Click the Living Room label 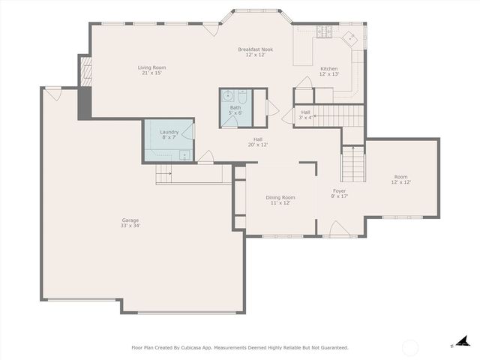tap(151, 67)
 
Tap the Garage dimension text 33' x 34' tap(130, 226)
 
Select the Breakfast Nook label tap(256, 49)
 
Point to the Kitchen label tap(328, 68)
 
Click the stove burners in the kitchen tap(323, 31)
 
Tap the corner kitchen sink tap(350, 37)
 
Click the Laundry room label tap(169, 132)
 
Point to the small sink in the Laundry tap(184, 155)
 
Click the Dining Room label tap(280, 197)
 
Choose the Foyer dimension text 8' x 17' tap(340, 197)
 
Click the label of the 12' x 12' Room tap(400, 177)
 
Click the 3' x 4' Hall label tap(305, 112)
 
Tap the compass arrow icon tap(464, 341)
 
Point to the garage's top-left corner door tap(52, 94)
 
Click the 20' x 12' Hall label tap(257, 139)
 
